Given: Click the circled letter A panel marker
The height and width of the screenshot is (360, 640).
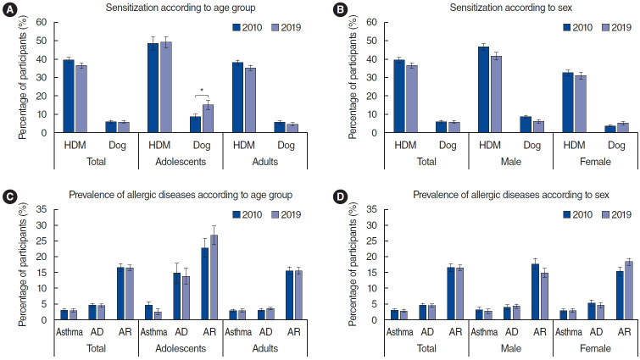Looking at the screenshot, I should coord(8,8).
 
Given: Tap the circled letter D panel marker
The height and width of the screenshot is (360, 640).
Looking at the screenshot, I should coord(336,196).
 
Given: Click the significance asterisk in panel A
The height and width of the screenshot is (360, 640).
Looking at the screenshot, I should coord(201,91).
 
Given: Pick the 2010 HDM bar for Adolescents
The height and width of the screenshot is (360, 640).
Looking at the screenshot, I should coord(153,87).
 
